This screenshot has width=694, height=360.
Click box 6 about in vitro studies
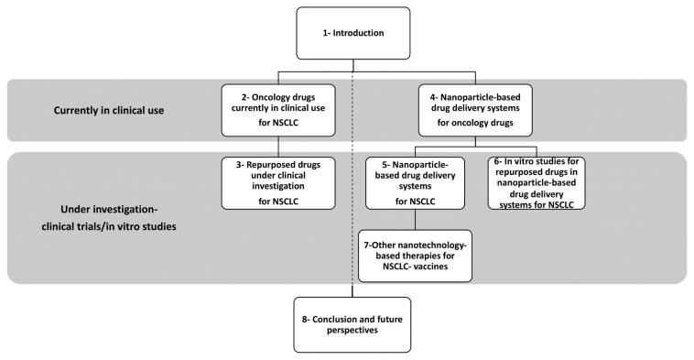(x=537, y=182)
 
